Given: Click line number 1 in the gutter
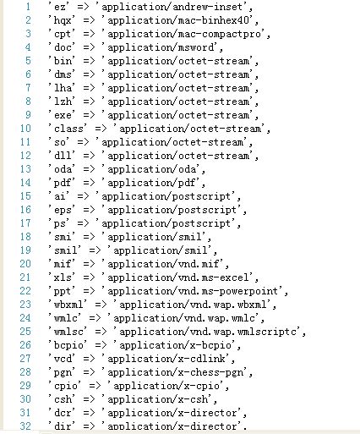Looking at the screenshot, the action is point(28,7).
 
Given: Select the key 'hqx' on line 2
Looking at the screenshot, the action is point(62,20).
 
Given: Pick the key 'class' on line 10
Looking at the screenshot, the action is point(68,129).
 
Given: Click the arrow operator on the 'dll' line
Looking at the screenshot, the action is point(89,156).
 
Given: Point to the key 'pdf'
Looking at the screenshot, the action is point(62,183).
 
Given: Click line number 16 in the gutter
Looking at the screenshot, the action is point(25,210).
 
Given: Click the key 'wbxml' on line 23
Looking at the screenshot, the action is point(68,305).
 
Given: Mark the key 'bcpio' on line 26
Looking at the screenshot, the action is point(68,345).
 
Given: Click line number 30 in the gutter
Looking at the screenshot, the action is point(25,399).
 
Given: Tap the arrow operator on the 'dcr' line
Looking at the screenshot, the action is point(89,413).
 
